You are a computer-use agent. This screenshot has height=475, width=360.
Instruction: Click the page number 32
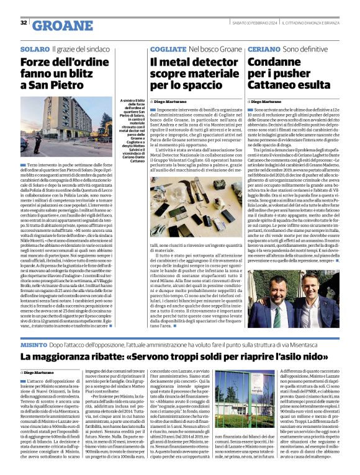24,22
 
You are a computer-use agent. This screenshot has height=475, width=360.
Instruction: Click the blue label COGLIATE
164,48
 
